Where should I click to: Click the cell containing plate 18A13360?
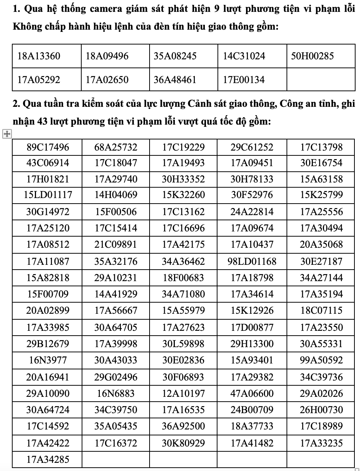pos(39,56)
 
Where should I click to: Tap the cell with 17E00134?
pos(243,80)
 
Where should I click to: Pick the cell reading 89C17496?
pos(48,147)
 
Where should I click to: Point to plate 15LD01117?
pos(48,195)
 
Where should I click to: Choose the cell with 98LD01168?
pos(252,261)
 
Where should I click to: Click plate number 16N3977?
pos(48,360)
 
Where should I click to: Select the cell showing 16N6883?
pos(116,393)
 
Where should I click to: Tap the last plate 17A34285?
pos(48,460)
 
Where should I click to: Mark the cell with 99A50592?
pos(321,360)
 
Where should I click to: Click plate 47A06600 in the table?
pos(252,393)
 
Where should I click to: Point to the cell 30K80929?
pos(183,443)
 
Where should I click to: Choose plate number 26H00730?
pos(321,410)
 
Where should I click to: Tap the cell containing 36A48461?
pos(175,80)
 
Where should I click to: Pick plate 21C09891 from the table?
pos(116,245)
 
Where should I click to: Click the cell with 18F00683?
pos(183,278)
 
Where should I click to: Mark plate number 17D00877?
pos(252,327)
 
